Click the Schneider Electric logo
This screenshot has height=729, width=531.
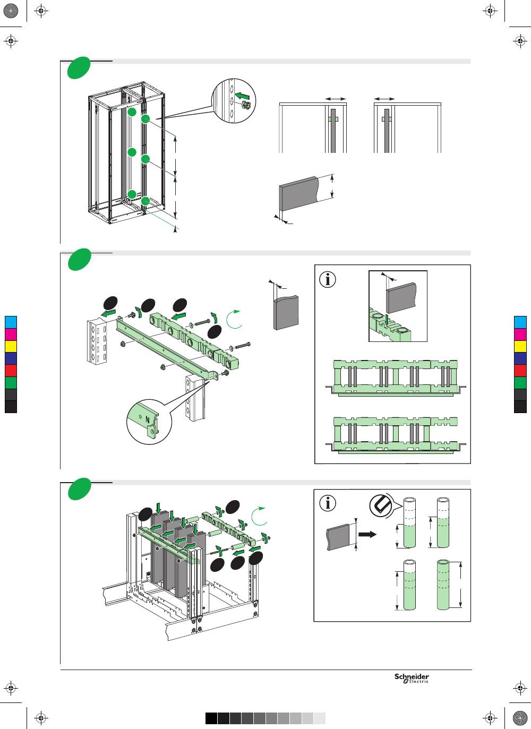point(412,679)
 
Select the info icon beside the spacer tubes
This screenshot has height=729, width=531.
point(329,503)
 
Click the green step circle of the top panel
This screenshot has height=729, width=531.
point(78,70)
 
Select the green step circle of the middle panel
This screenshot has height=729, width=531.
point(78,260)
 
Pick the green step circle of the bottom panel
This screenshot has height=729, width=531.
point(78,489)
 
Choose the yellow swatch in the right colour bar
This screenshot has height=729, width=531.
point(520,346)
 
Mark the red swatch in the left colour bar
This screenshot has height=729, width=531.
point(11,371)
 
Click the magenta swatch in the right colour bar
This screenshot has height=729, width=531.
point(520,334)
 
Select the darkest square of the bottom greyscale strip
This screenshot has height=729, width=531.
point(211,718)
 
